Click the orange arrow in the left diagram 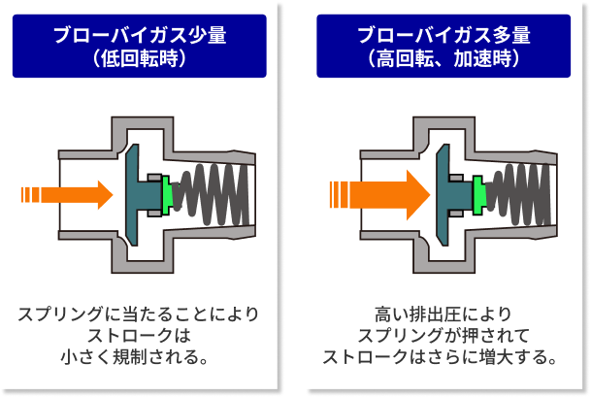tap(68, 195)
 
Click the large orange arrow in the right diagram tap(380, 195)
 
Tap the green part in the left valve tap(166, 195)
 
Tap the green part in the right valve tap(479, 195)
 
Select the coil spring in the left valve tap(212, 195)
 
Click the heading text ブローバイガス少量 tap(140, 35)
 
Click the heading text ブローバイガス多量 tap(443, 35)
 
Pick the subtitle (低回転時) tap(140, 58)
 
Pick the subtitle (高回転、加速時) tap(443, 58)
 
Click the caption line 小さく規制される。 tap(135, 356)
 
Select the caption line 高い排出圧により tap(443, 314)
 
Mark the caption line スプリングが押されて tap(443, 335)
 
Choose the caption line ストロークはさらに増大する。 tap(440, 356)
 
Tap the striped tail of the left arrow tap(30, 195)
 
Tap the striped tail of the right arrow tap(339, 195)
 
